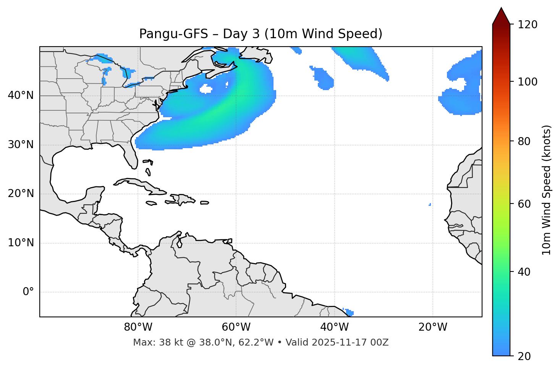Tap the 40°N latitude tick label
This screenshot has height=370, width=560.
(x=21, y=95)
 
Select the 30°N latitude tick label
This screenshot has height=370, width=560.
(x=21, y=145)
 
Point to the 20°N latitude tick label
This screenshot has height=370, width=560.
(x=21, y=194)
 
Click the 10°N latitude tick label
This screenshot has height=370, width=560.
(x=21, y=243)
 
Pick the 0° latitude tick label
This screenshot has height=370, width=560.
(x=28, y=292)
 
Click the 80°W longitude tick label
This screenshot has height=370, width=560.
(x=138, y=327)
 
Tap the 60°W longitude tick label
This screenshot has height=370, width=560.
(x=236, y=327)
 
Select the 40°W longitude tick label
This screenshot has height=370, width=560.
(x=334, y=327)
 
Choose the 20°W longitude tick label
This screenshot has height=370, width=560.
(x=433, y=327)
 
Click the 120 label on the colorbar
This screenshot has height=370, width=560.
(x=528, y=25)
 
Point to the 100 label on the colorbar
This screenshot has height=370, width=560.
(x=528, y=82)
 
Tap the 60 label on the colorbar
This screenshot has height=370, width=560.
(x=524, y=204)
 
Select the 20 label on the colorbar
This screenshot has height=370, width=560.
(x=524, y=356)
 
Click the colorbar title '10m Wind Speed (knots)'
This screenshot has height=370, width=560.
(x=547, y=190)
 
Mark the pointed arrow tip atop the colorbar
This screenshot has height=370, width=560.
(x=501, y=9)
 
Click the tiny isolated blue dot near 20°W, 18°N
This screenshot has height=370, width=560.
(x=430, y=205)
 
